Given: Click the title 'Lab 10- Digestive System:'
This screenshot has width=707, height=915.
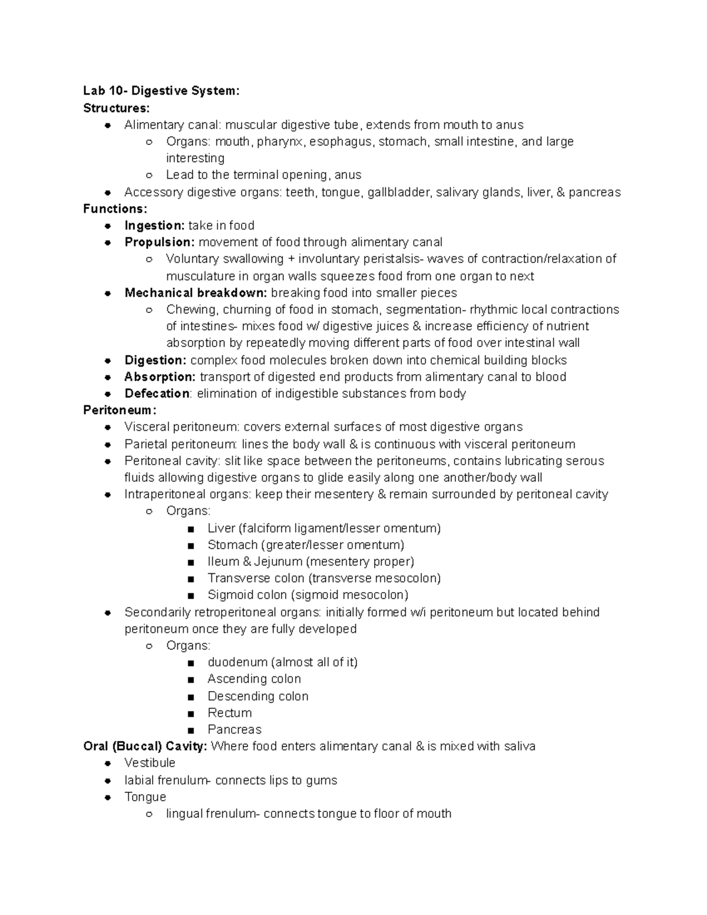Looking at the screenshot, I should coord(161,91).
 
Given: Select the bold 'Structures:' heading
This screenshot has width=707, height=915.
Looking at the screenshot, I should coord(117,108).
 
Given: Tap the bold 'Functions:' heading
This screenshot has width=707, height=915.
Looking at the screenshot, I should coord(115,209).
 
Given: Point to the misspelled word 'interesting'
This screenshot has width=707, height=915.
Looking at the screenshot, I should coord(195,158).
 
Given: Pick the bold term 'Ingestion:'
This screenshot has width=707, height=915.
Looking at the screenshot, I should coord(154,226).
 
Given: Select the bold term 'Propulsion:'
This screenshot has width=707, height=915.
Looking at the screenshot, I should coord(159,242).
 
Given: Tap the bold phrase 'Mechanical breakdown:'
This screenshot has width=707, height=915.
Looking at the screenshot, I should coord(196,293).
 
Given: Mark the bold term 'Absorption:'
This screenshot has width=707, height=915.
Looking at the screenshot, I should coord(160,377).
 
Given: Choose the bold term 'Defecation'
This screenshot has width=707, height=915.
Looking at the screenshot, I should coord(157,394).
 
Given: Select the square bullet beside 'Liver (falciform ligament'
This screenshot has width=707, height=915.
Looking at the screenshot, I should coord(190,529).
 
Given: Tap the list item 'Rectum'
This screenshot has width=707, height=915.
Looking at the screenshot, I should coord(229,713).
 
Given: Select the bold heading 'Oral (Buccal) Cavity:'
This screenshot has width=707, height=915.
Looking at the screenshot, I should coord(145,746).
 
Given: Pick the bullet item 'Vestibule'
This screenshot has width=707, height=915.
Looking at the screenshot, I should coord(150,763).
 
